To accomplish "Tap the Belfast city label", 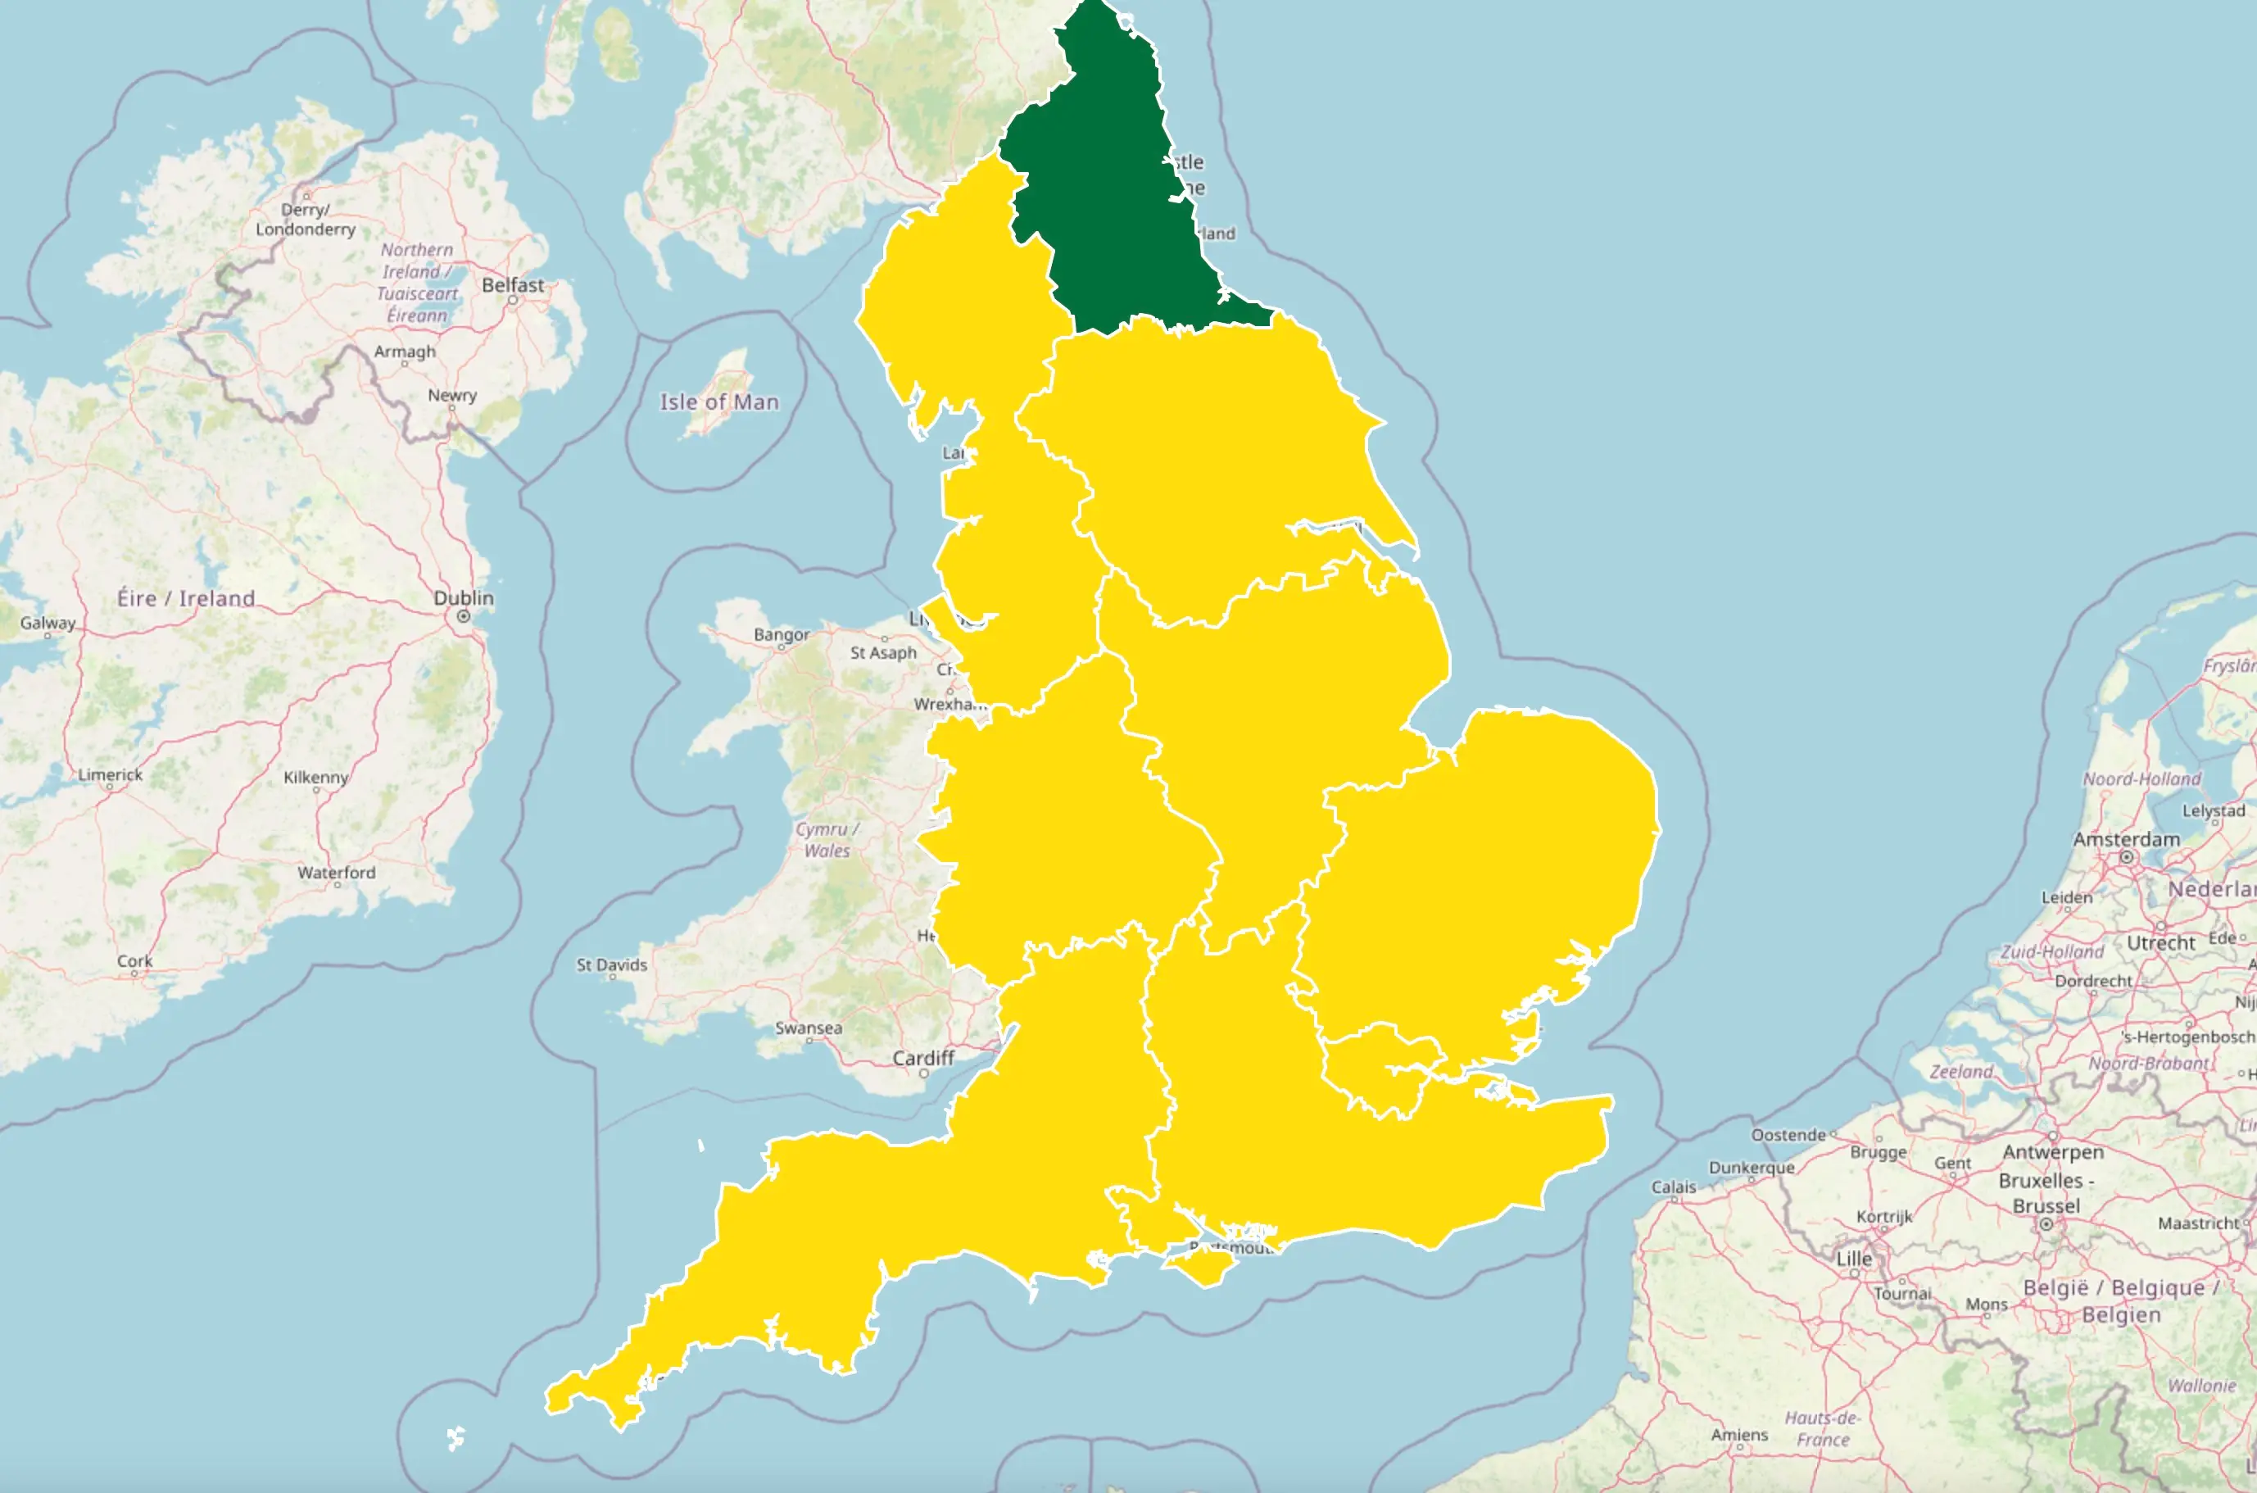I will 513,284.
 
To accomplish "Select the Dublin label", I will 464,598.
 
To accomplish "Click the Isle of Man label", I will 719,402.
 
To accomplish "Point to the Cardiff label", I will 923,1058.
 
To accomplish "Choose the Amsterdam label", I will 2127,839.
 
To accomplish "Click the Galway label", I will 48,623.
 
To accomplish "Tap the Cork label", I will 134,960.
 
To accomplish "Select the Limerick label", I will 111,774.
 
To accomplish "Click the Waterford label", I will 336,872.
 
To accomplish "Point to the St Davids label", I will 612,964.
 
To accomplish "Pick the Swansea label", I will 809,1028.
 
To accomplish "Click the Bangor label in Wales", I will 782,634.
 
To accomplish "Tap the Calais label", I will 1674,1187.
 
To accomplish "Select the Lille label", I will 1854,1259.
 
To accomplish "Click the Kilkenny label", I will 316,777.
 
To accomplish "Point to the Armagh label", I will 405,352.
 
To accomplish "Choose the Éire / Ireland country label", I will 186,598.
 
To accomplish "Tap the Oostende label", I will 1788,1135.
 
